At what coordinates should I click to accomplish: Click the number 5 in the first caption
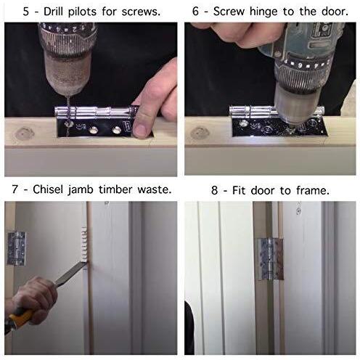(26, 12)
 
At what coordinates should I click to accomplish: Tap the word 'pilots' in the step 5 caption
(82, 12)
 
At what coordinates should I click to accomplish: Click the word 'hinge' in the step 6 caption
(263, 12)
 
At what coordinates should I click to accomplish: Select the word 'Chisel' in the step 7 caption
(49, 189)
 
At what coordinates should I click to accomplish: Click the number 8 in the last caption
(214, 191)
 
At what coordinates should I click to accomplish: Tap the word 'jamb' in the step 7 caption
(81, 190)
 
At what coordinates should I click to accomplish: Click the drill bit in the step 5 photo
(68, 110)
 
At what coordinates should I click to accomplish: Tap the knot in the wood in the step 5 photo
(24, 133)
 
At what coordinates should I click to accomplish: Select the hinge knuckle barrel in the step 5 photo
(96, 112)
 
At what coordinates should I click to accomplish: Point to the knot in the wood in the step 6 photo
(199, 133)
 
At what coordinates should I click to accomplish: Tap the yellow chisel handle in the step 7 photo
(20, 318)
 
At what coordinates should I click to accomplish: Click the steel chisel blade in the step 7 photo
(70, 274)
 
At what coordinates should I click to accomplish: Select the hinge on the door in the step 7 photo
(17, 248)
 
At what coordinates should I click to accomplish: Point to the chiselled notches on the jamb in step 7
(84, 245)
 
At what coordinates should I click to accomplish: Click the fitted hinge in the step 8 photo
(270, 259)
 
